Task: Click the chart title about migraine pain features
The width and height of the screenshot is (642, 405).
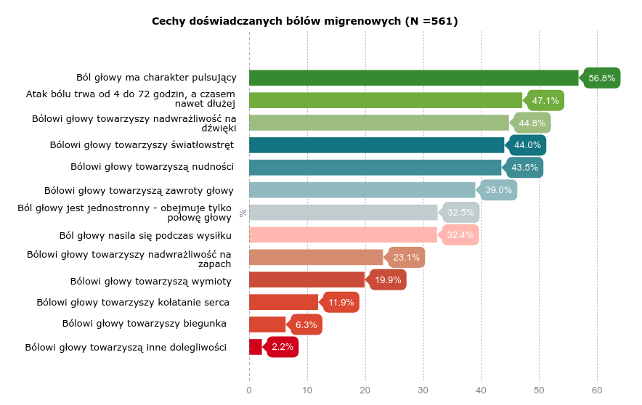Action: pos(304,21)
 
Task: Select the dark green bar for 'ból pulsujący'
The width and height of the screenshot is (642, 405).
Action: pos(413,78)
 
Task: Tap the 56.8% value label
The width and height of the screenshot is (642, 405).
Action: pos(602,78)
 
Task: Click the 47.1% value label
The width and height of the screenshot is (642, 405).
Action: pos(545,100)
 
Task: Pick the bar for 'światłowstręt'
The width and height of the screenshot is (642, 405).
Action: pos(376,145)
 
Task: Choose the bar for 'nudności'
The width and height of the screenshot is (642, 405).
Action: pos(375,168)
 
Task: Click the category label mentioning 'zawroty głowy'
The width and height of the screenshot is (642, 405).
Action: pos(139,191)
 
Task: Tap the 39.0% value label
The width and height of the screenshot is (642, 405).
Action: pos(499,190)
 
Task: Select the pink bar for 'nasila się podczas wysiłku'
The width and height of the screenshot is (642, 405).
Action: pos(343,235)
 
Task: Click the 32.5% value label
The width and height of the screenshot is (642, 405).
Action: pos(461,213)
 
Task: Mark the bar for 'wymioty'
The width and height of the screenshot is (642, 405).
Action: pos(306,280)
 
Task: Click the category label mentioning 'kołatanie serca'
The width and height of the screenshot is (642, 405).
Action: pos(133,303)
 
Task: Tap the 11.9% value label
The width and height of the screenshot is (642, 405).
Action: pos(341,303)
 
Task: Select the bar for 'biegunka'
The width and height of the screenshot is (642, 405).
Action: pos(267,324)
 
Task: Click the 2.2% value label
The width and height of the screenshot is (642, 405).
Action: pos(283,347)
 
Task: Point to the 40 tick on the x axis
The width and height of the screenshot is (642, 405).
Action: pos(481,390)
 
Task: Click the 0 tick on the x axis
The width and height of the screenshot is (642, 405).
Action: pos(249,390)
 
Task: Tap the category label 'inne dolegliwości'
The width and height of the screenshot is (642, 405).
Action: pos(126,348)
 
